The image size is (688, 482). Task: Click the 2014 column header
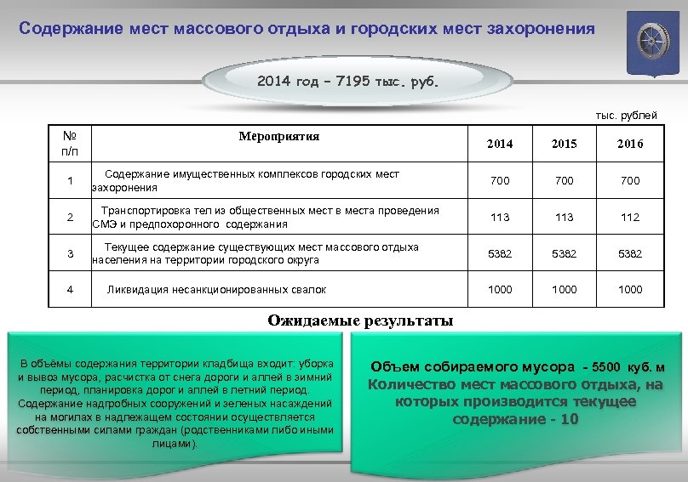pyautogui.click(x=500, y=145)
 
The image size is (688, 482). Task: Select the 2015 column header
pyautogui.click(x=564, y=145)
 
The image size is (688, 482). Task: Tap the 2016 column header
pyautogui.click(x=630, y=145)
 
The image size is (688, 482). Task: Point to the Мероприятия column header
pyautogui.click(x=279, y=136)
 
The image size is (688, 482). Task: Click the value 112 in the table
pyautogui.click(x=630, y=218)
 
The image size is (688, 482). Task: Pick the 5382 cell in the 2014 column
pyautogui.click(x=500, y=254)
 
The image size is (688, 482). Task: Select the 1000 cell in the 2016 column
pyautogui.click(x=630, y=290)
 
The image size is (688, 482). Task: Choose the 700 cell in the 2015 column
pyautogui.click(x=564, y=181)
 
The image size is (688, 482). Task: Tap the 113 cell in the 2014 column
pyautogui.click(x=500, y=218)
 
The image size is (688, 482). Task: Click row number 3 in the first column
pyautogui.click(x=70, y=254)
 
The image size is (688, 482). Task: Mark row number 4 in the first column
pyautogui.click(x=70, y=290)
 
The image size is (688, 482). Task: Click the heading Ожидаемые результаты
pyautogui.click(x=360, y=321)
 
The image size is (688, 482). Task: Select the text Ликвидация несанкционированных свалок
pyautogui.click(x=216, y=290)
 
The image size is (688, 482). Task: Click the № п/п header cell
pyautogui.click(x=70, y=143)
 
